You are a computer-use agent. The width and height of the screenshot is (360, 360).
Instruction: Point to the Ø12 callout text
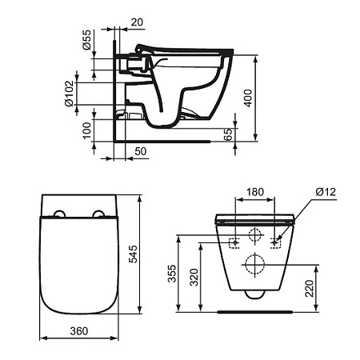(324, 191)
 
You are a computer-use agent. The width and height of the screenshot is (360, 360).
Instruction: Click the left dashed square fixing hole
(234, 242)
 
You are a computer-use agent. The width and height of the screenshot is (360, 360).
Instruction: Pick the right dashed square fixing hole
(277, 242)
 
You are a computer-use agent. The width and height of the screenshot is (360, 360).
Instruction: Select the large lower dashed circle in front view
(255, 263)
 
